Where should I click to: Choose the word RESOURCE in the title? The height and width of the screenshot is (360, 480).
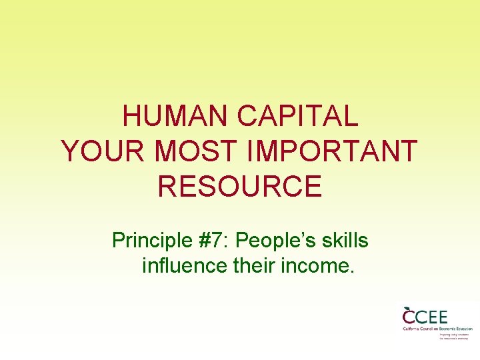pyautogui.click(x=240, y=186)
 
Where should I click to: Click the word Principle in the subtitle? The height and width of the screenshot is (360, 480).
pyautogui.click(x=151, y=239)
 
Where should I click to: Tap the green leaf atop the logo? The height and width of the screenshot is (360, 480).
pyautogui.click(x=407, y=307)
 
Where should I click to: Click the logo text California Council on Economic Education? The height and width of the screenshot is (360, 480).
pyautogui.click(x=437, y=329)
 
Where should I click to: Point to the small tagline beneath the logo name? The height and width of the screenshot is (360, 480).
pyautogui.click(x=455, y=336)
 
